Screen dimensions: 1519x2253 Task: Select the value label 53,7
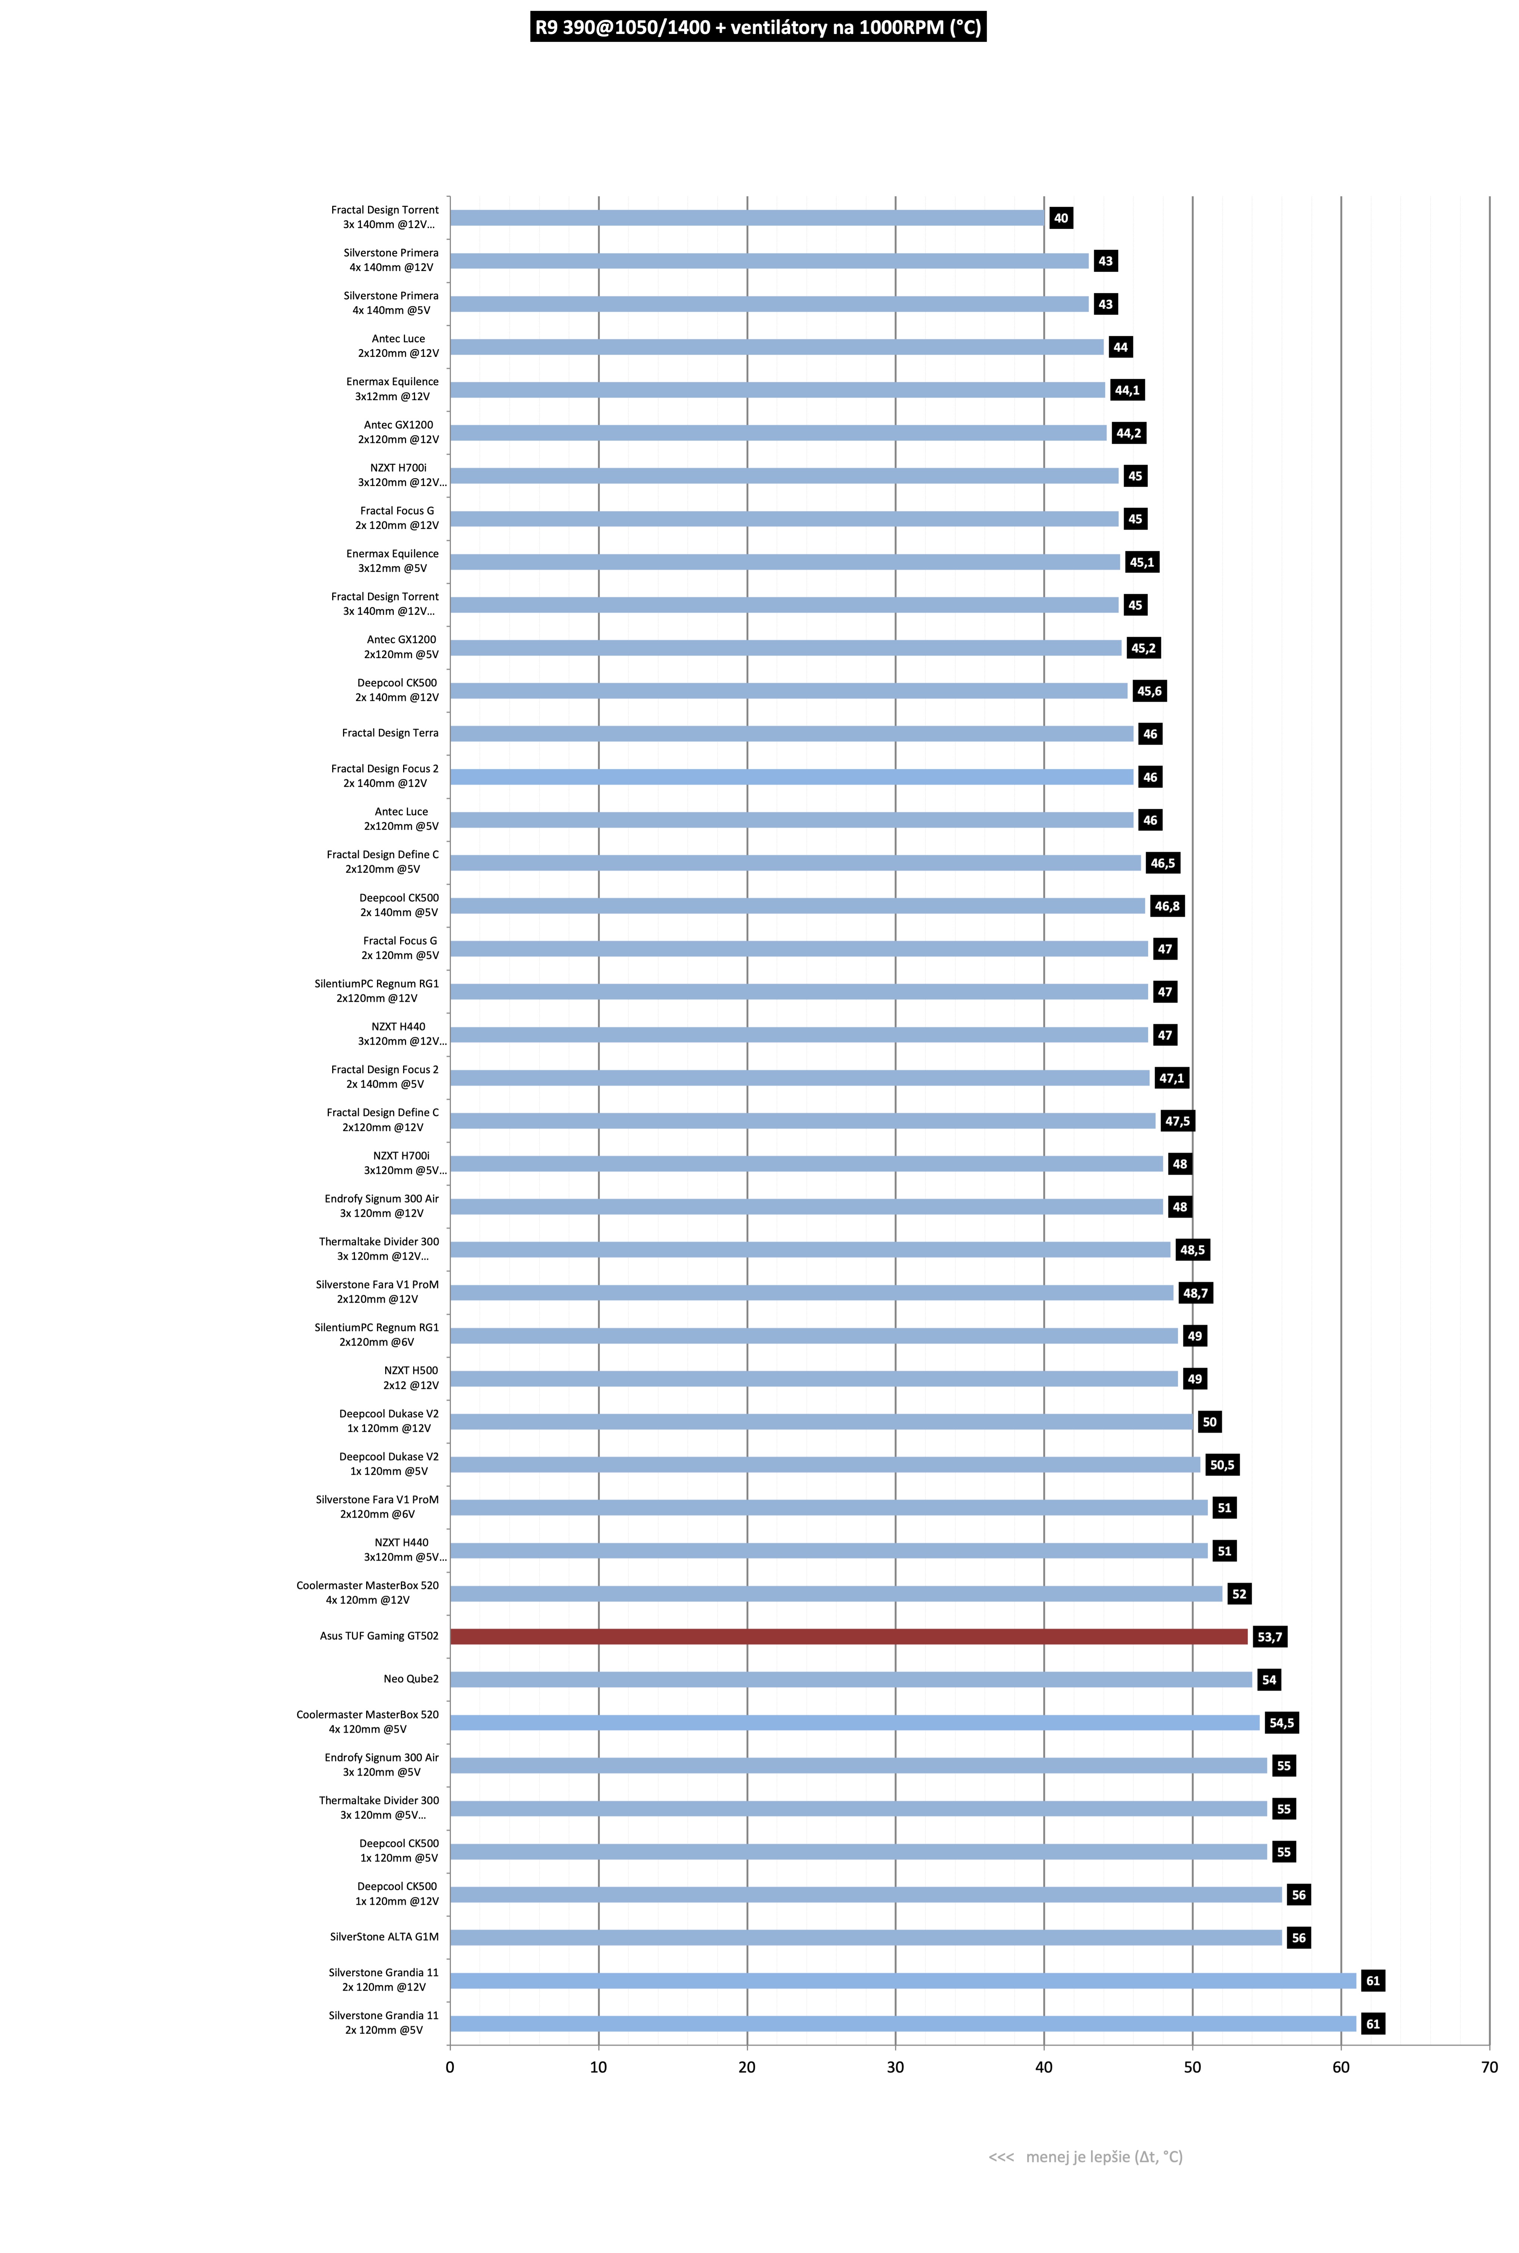(1269, 1637)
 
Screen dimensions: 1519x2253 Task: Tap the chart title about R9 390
(758, 27)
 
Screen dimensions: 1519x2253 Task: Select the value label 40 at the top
(1061, 218)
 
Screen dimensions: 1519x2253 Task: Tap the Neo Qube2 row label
(411, 1679)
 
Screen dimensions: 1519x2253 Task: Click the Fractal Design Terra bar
(792, 733)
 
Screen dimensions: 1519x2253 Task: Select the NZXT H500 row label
(411, 1377)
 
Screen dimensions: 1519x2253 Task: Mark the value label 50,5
(1223, 1465)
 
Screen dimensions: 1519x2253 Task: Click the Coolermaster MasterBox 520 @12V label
(367, 1592)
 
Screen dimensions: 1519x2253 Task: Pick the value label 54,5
(1282, 1722)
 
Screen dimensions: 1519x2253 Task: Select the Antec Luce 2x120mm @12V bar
(777, 347)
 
